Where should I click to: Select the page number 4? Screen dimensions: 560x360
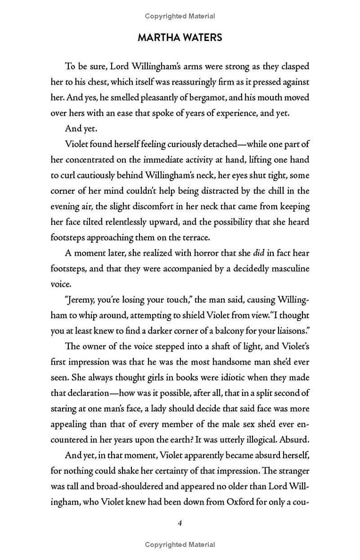[x=180, y=523]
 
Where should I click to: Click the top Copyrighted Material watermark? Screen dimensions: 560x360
[x=180, y=16]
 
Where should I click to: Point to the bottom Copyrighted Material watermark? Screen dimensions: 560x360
[x=180, y=545]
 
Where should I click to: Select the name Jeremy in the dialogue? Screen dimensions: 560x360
[x=83, y=300]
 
